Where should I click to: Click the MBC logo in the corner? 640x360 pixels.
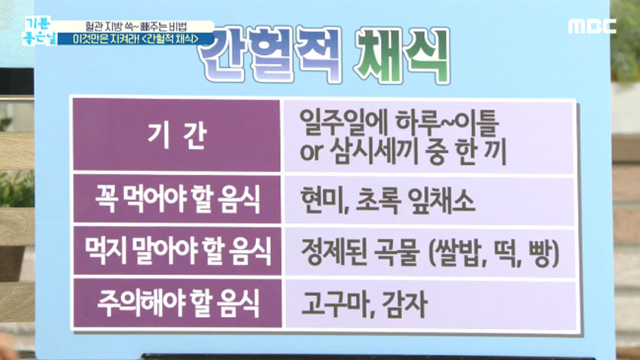(x=592, y=26)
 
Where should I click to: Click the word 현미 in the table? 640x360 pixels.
(x=322, y=202)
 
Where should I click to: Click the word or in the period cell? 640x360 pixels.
(x=310, y=154)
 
